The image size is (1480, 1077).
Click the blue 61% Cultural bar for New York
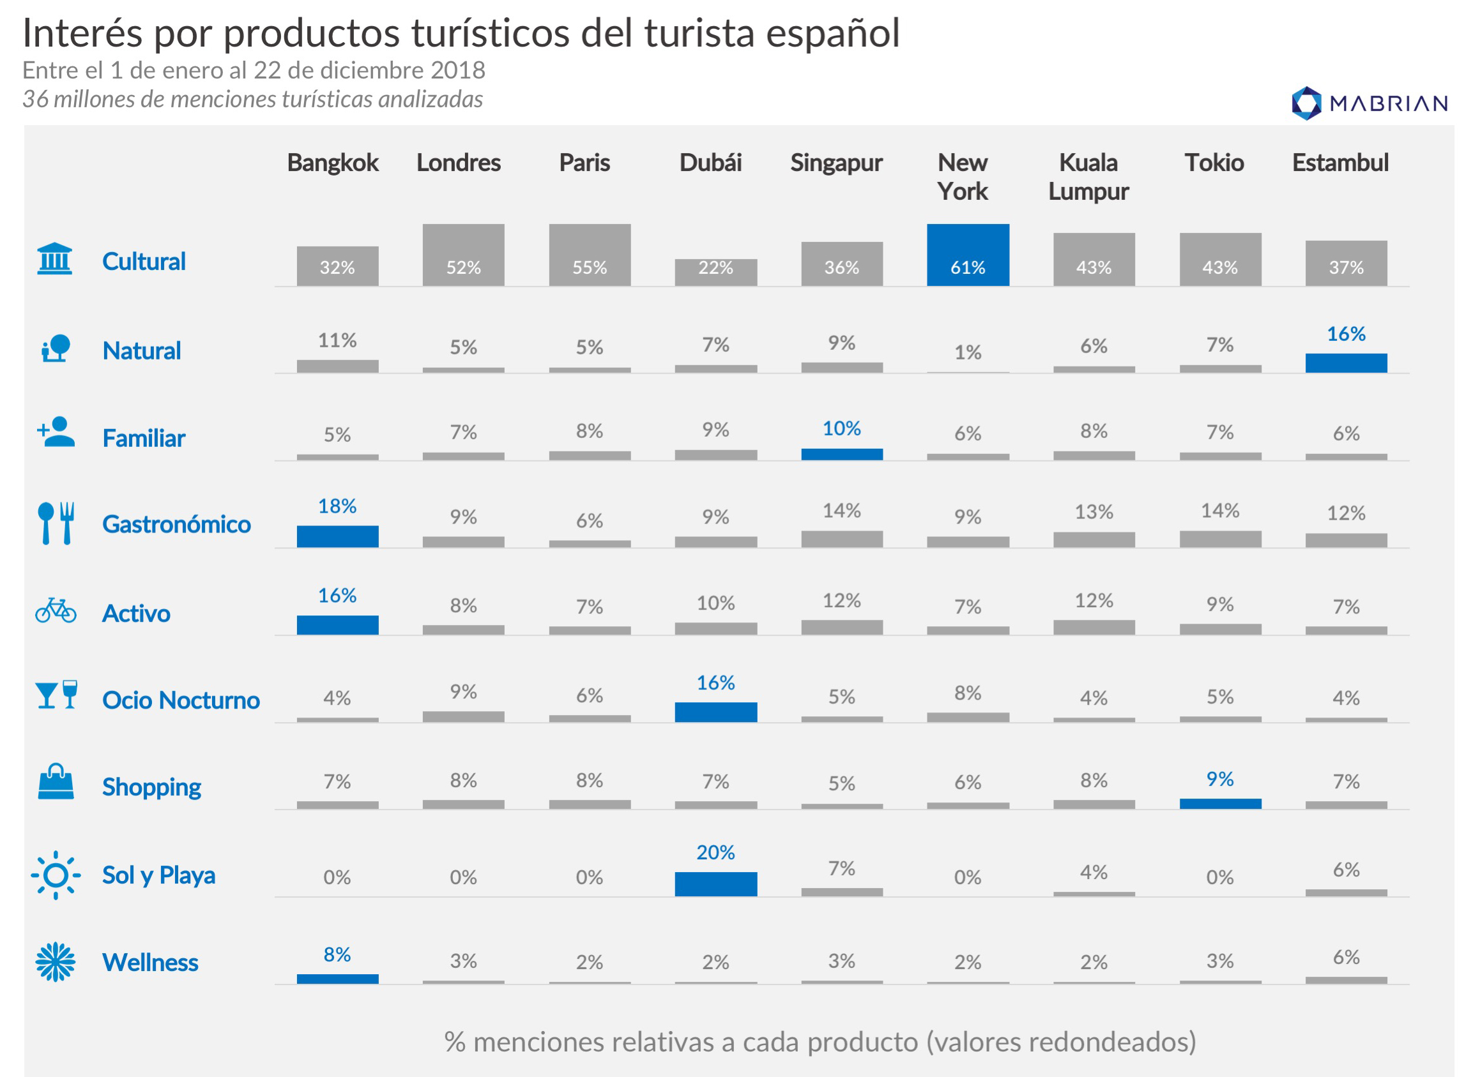click(x=968, y=255)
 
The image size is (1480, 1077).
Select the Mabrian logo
click(x=1369, y=103)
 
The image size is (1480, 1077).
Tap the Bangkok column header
click(x=333, y=162)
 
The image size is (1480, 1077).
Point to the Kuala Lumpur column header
click(x=1088, y=177)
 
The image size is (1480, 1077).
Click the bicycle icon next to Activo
click(x=56, y=610)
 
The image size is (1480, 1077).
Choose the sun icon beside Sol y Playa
click(x=56, y=875)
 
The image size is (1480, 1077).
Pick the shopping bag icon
click(x=56, y=782)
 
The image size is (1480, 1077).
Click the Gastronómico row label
click(x=176, y=525)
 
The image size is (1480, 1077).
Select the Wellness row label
click(x=150, y=963)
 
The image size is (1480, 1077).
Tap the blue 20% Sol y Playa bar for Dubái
click(x=716, y=884)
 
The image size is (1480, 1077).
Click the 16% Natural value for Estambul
click(x=1346, y=334)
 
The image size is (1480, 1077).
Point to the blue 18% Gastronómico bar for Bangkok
click(x=337, y=536)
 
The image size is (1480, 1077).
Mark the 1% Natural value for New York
click(x=968, y=352)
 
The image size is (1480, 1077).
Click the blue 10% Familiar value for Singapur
click(x=842, y=428)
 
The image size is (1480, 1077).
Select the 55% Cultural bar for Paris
click(x=590, y=255)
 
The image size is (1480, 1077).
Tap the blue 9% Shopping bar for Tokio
click(x=1220, y=804)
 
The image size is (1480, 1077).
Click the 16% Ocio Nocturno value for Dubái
click(x=716, y=683)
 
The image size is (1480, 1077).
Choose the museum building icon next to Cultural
click(x=55, y=259)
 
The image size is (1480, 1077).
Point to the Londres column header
click(x=459, y=162)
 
